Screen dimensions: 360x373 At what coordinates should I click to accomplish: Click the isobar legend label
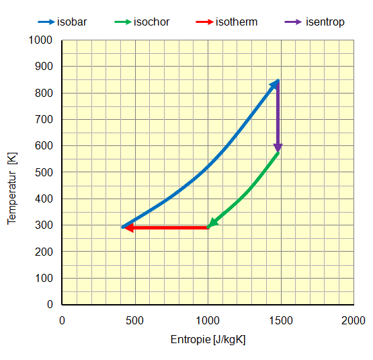75,22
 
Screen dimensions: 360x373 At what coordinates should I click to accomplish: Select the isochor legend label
151,22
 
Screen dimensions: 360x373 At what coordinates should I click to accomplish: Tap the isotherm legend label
237,22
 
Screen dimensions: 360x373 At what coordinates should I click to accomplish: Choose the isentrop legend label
325,22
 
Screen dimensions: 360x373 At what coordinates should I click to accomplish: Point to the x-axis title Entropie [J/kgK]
208,340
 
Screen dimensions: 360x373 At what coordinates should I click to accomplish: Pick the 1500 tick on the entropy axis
281,320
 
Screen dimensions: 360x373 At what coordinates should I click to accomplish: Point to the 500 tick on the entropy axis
135,320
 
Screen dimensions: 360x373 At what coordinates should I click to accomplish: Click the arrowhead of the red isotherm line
128,228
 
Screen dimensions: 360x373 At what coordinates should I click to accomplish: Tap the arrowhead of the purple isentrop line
278,148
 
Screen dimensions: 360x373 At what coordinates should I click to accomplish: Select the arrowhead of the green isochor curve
212,223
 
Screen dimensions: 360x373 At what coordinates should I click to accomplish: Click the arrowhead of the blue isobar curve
275,83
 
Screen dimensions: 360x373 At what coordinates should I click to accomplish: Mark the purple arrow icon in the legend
291,22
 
